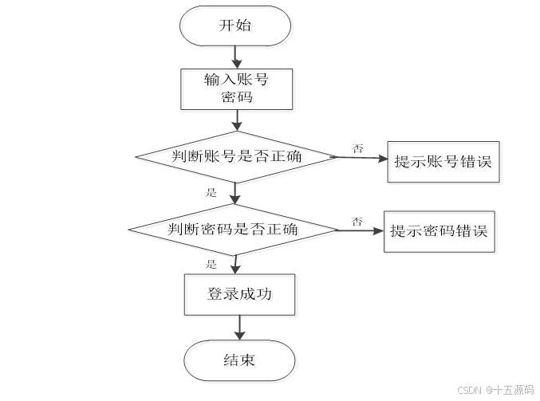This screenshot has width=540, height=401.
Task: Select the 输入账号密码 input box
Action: (238, 90)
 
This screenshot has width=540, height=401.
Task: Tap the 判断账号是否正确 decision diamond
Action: (238, 158)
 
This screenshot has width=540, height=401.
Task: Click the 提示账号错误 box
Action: (445, 163)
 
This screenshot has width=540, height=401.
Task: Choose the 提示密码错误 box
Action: (440, 234)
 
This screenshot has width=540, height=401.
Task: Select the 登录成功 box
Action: (241, 296)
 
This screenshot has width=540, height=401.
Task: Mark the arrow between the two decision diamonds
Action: (235, 194)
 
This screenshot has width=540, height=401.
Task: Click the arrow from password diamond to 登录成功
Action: (235, 265)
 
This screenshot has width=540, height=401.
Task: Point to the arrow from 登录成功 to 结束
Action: (239, 329)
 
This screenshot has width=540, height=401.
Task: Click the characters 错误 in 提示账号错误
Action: (477, 164)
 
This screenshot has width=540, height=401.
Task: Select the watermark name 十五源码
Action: (513, 390)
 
